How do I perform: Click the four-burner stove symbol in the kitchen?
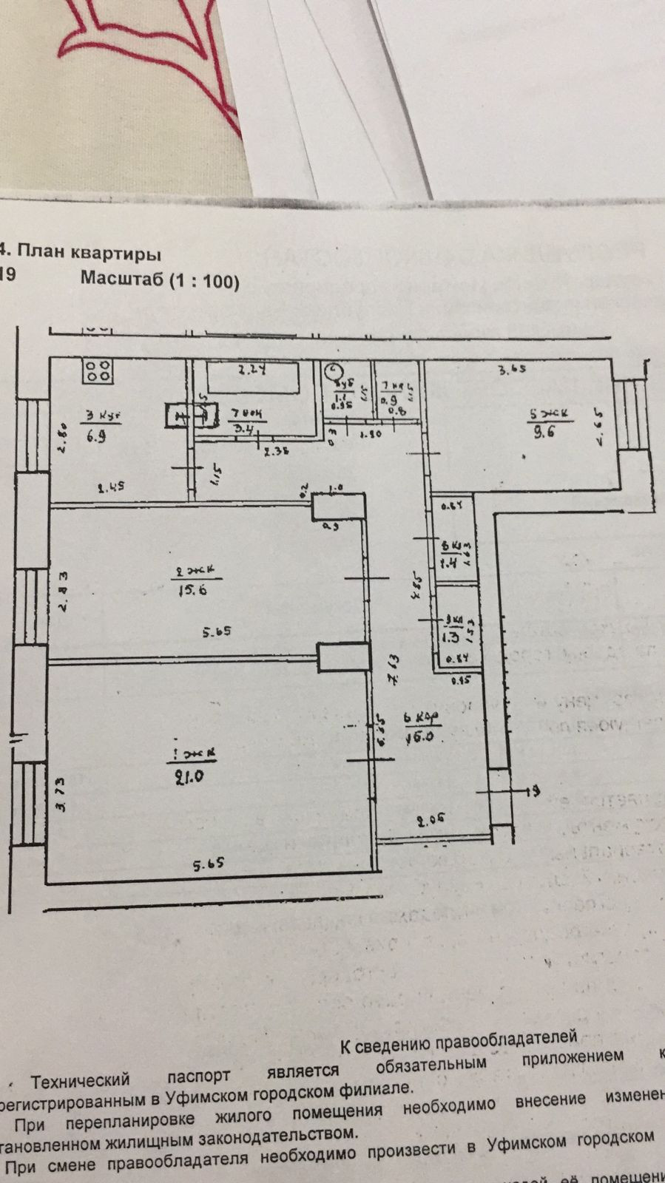tap(97, 372)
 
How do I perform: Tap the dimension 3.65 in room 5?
tap(511, 370)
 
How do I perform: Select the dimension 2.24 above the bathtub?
tap(251, 370)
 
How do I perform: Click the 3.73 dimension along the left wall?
tap(64, 803)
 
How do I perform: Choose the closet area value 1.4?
tap(448, 563)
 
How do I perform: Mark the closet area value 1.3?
tap(448, 635)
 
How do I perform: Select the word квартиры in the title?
tap(118, 254)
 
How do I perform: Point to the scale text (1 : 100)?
tap(204, 281)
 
